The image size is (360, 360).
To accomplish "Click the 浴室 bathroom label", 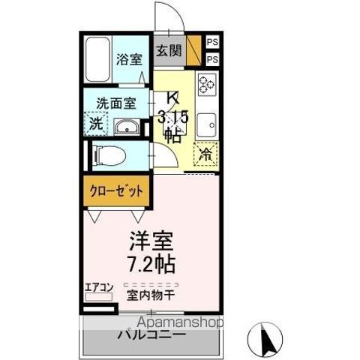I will (129, 59).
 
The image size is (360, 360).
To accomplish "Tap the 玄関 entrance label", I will (169, 51).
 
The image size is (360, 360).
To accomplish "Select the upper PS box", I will (212, 42).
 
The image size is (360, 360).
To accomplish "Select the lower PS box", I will (212, 59).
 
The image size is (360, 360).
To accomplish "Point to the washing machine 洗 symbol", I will (97, 124).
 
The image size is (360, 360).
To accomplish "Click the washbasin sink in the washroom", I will (130, 127).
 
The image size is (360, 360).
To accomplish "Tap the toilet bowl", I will (109, 156).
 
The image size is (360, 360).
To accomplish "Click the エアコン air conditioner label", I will (97, 286).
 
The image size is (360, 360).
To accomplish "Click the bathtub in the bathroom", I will (97, 59).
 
